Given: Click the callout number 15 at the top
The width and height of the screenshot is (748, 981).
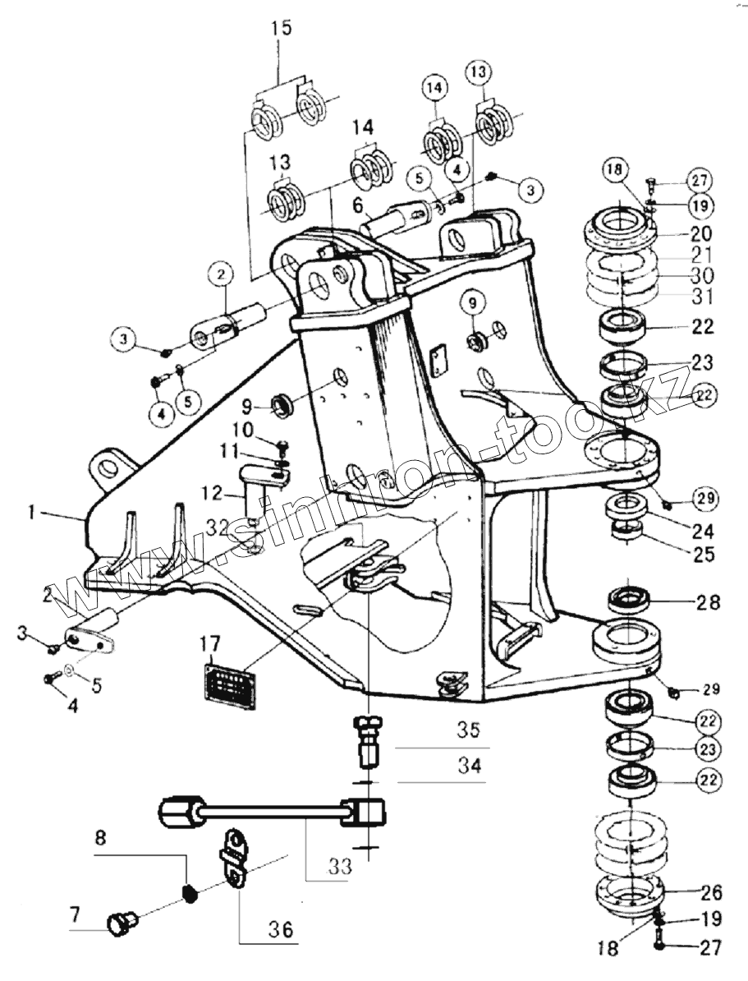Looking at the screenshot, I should click(x=281, y=27).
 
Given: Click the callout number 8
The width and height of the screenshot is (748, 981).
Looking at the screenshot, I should click(x=100, y=839).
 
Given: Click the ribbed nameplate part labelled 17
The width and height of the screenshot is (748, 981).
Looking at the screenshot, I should click(x=229, y=679).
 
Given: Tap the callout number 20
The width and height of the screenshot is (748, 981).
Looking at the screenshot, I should click(x=701, y=233).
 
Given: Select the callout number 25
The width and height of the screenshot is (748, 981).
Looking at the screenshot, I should click(x=703, y=555).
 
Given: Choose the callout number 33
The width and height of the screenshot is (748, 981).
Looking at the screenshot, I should click(x=342, y=865).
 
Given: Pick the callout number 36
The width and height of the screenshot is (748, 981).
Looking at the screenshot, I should click(x=282, y=930).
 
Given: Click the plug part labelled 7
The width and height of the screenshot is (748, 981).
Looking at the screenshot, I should click(x=122, y=923).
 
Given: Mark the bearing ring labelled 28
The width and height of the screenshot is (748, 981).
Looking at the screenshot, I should click(x=631, y=599).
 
